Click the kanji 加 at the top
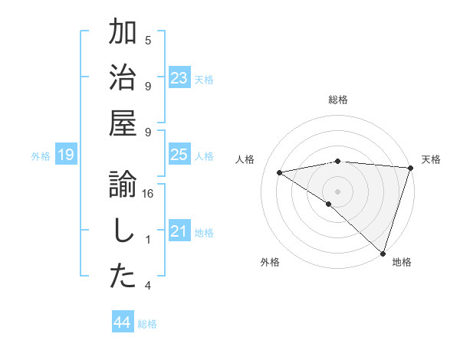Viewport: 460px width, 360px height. [x=123, y=34]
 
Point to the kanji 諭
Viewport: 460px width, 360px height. [x=123, y=186]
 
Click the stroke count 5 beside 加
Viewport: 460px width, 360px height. [x=148, y=41]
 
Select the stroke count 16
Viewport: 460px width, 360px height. [x=148, y=194]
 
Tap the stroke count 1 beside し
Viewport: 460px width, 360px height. [x=148, y=240]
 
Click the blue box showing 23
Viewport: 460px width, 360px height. [x=179, y=78]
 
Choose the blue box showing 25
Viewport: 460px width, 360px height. [x=179, y=155]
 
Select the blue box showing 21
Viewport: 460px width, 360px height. [x=179, y=231]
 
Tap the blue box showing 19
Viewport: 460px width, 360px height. [x=65, y=155]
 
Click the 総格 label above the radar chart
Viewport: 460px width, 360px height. [x=338, y=100]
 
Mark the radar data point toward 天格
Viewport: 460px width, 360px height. [x=410, y=168]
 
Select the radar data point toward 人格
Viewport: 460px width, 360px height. [x=280, y=172]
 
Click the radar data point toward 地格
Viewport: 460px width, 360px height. [x=383, y=254]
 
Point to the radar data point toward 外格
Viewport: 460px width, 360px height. [x=329, y=204]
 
